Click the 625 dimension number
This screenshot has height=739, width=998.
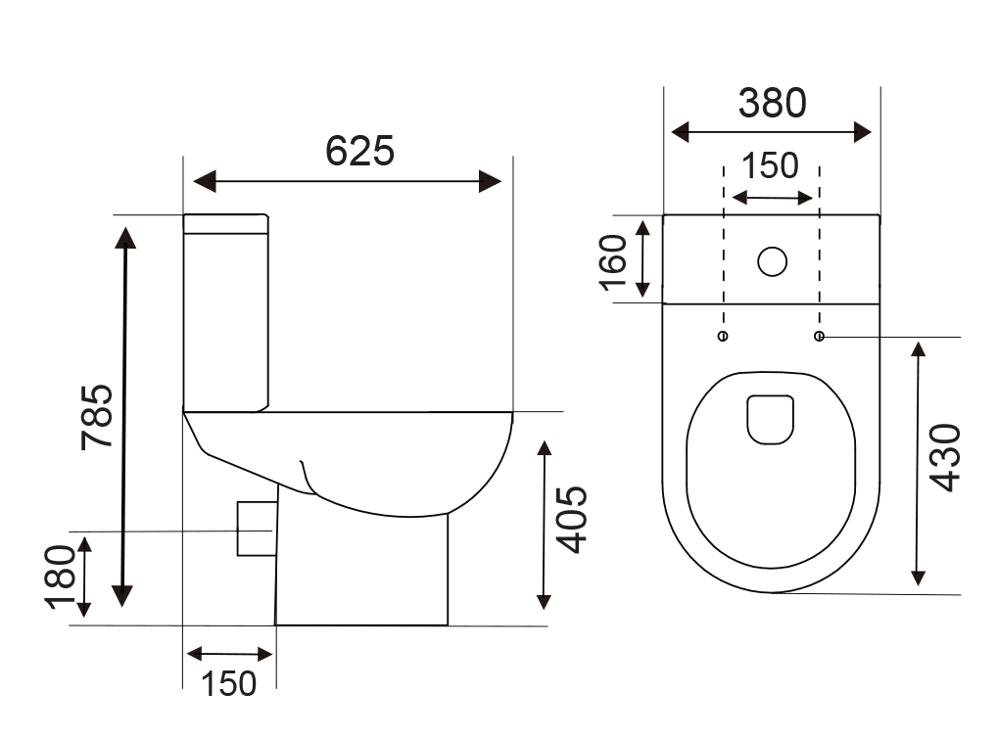(x=359, y=152)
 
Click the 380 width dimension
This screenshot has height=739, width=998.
(x=772, y=103)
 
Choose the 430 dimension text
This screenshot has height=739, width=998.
(x=945, y=456)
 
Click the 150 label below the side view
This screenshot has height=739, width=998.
(x=229, y=683)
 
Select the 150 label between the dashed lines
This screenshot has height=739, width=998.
(x=770, y=165)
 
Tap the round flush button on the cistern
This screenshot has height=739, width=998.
(x=773, y=260)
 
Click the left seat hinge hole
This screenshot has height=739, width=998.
(x=723, y=337)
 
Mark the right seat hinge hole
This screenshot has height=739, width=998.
(x=820, y=337)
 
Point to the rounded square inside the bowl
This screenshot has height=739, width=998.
(x=770, y=419)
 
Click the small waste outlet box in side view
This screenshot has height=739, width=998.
(x=256, y=529)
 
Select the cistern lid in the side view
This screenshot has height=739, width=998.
(x=225, y=223)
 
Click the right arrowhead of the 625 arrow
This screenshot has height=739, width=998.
(x=490, y=181)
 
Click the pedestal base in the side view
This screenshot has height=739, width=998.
(x=361, y=577)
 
